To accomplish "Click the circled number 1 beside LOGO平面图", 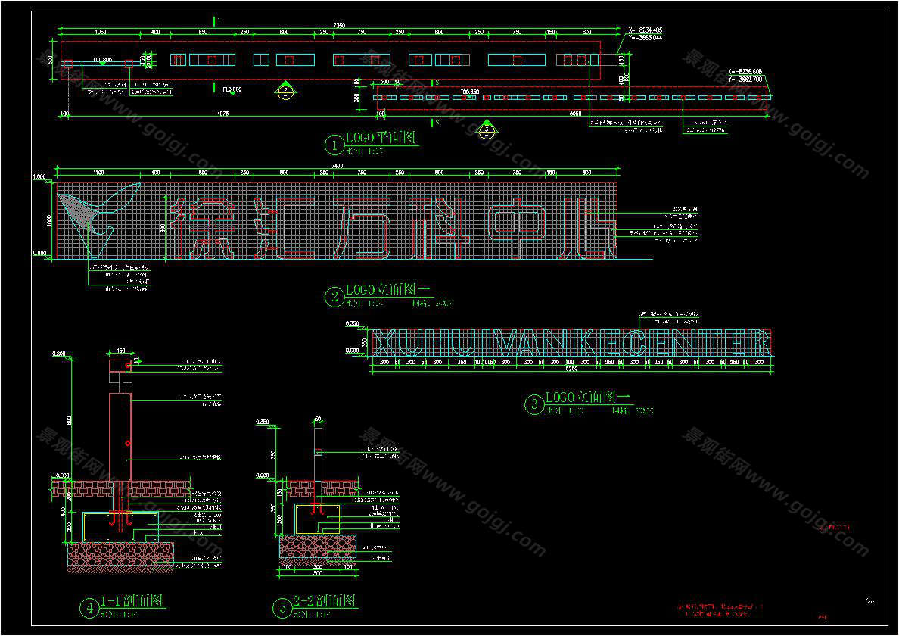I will (x=334, y=144).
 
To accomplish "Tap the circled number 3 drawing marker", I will (x=534, y=404).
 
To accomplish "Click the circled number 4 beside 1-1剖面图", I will (x=89, y=607).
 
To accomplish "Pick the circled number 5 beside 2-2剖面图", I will (x=282, y=607).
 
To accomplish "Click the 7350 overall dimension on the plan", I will (x=339, y=26).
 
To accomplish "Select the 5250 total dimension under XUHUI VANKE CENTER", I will (x=570, y=369).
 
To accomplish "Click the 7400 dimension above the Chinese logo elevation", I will (x=338, y=166).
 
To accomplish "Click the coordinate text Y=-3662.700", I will (x=745, y=79).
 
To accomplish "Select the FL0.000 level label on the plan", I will (x=232, y=90).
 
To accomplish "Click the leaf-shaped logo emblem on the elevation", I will (x=95, y=216).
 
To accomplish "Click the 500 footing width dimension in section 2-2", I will (x=318, y=573).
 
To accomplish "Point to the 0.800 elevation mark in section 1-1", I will (x=60, y=354).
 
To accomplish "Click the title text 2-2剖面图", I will (x=325, y=603).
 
